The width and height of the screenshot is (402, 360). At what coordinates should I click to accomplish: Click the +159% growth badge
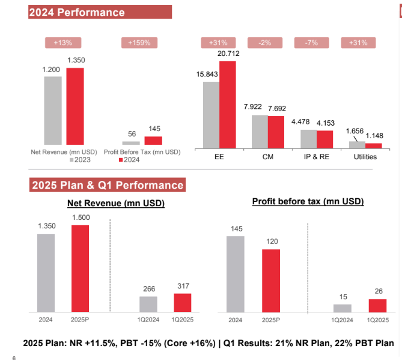tap(139, 43)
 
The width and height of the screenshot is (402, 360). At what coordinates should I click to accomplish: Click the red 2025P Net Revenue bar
tap(80, 267)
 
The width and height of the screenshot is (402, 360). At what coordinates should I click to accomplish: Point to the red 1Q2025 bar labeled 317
tap(182, 302)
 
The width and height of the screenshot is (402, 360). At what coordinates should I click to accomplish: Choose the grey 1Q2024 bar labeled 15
tap(342, 308)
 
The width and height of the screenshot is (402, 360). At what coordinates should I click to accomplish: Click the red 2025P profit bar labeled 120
tap(271, 280)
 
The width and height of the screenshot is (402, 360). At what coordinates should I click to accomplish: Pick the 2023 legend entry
tap(82, 160)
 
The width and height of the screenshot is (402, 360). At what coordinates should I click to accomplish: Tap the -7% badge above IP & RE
tap(311, 43)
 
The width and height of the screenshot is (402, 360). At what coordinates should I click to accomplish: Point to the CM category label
tap(269, 157)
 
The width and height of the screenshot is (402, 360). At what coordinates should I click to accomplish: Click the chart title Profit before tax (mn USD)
tap(308, 201)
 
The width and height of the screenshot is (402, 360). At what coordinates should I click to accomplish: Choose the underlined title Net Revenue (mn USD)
tap(116, 203)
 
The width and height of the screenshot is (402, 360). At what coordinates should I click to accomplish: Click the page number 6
tap(13, 357)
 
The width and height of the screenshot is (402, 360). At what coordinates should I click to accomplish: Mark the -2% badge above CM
tap(264, 43)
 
